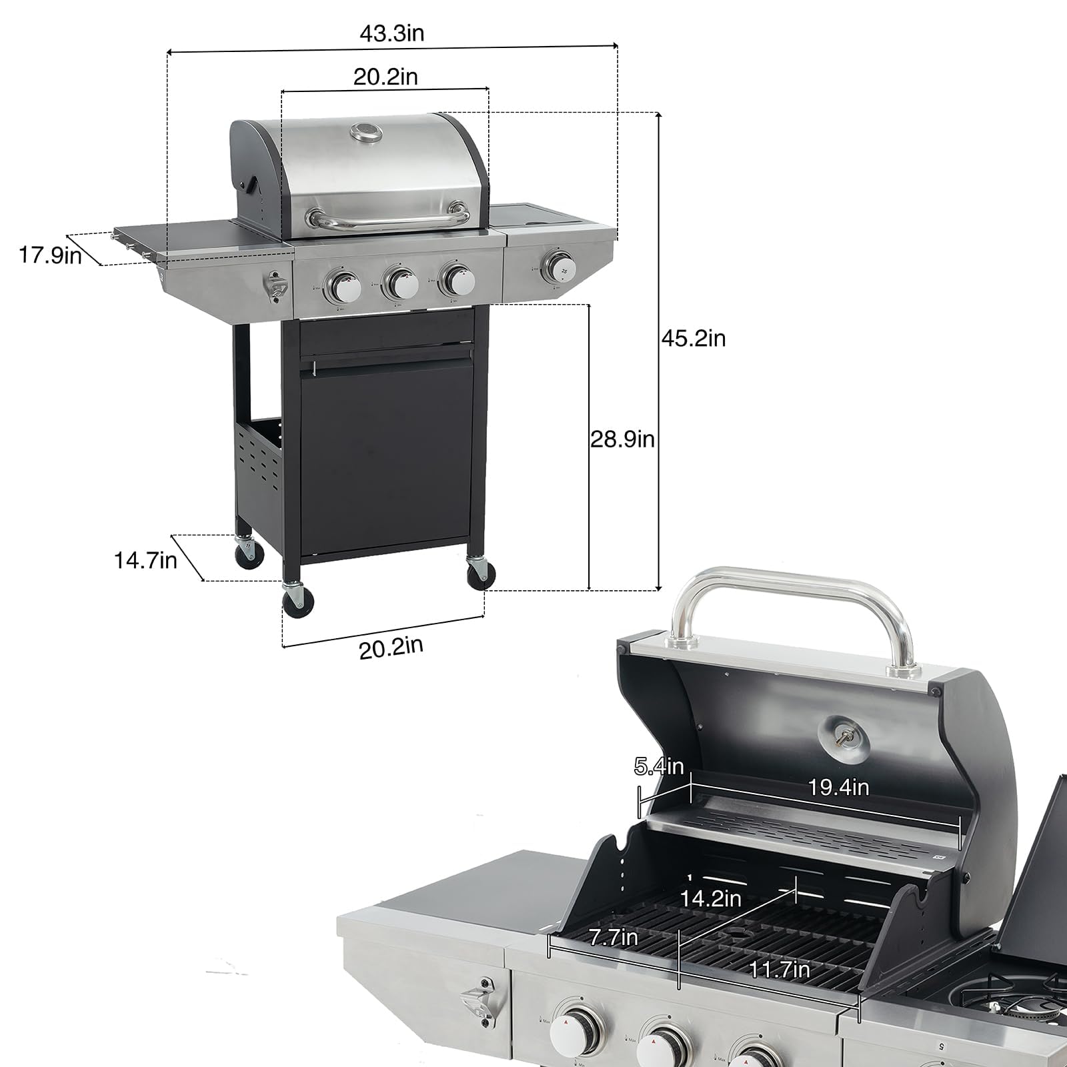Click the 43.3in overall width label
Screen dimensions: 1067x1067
pyautogui.click(x=391, y=33)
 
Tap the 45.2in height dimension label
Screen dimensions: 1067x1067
pyautogui.click(x=694, y=338)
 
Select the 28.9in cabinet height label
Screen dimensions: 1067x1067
pyautogui.click(x=622, y=439)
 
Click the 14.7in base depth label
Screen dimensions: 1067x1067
pyautogui.click(x=145, y=560)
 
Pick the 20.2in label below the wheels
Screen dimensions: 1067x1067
pyautogui.click(x=391, y=647)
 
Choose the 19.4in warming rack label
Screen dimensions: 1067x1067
pyautogui.click(x=838, y=788)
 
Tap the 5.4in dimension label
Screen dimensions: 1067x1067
pyautogui.click(x=659, y=767)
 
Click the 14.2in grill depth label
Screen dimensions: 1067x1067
pyautogui.click(x=710, y=898)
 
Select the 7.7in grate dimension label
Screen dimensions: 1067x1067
pyautogui.click(x=613, y=938)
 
